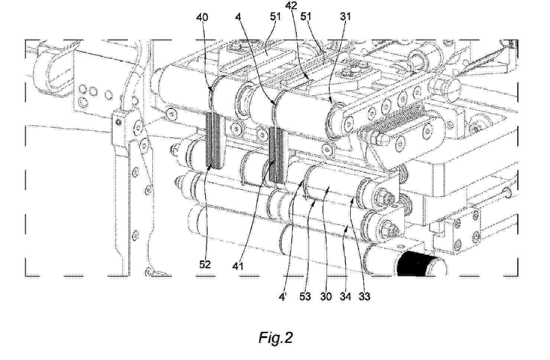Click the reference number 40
202,17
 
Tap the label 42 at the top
291,6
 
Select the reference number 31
345,16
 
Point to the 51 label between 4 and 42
275,16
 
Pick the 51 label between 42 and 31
306,16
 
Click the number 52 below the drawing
205,265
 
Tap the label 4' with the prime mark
282,297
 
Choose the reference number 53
305,297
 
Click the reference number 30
326,297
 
